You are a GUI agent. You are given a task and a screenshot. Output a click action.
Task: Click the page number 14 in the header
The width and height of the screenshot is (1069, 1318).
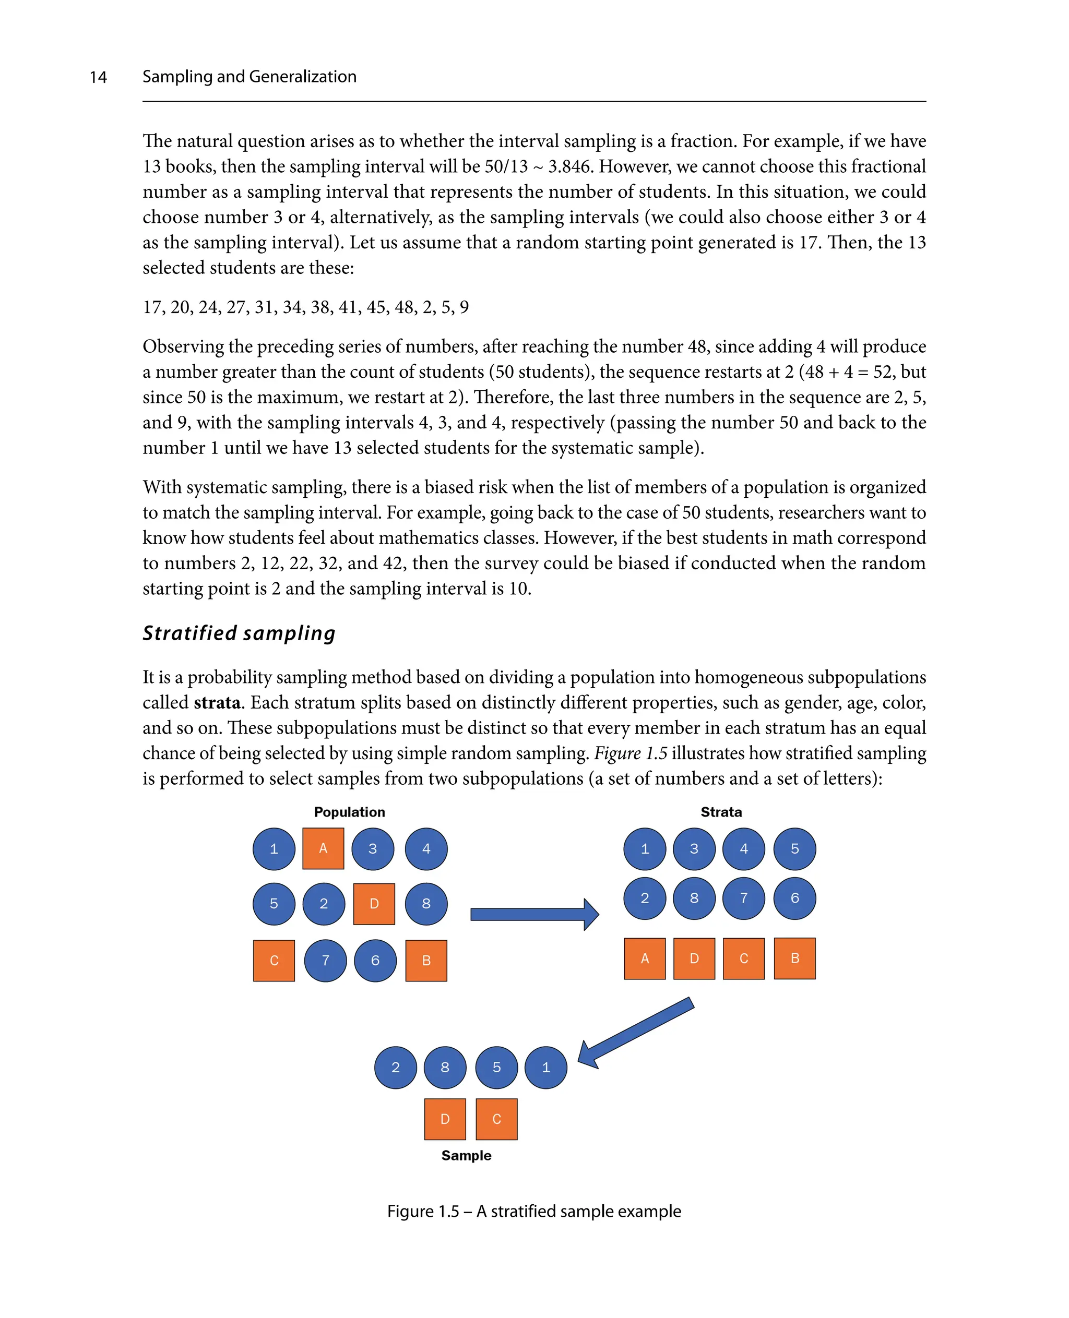[98, 77]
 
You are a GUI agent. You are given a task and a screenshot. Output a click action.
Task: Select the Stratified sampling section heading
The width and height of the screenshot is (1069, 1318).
[239, 633]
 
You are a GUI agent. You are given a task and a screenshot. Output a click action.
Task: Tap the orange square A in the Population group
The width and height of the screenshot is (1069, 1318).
[323, 848]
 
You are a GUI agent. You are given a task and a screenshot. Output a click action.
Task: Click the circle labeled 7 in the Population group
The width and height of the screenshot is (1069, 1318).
[325, 961]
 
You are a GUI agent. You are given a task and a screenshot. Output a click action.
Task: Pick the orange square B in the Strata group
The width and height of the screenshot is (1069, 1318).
[794, 958]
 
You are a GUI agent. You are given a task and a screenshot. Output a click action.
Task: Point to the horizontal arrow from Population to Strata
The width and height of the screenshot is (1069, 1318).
[533, 915]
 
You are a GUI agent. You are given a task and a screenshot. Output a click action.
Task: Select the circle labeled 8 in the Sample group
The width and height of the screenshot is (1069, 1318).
[445, 1068]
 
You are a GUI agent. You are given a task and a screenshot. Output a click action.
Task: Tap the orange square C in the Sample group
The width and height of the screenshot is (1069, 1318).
[496, 1119]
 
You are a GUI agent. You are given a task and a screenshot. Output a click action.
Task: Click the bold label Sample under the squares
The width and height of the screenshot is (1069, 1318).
[466, 1156]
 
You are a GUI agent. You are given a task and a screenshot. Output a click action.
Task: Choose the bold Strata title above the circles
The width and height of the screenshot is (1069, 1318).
[720, 812]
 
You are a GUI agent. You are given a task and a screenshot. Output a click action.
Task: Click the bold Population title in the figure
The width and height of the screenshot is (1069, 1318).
[349, 812]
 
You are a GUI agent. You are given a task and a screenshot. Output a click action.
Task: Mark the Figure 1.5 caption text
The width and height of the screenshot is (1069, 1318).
[534, 1211]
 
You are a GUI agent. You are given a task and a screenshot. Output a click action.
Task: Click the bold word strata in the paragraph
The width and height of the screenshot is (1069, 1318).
[217, 702]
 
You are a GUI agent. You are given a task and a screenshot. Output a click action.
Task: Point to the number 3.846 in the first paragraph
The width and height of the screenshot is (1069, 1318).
[569, 166]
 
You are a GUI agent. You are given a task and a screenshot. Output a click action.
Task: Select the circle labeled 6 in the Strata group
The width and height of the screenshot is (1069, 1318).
[794, 898]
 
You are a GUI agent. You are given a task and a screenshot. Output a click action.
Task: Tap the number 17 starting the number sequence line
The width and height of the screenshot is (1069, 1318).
[152, 307]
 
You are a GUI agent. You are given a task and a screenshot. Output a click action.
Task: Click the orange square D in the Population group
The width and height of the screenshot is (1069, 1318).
[374, 904]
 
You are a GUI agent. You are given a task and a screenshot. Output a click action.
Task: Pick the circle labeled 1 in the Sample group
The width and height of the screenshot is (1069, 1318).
[545, 1068]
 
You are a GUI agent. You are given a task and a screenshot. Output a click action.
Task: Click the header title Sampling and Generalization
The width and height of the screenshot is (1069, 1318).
[250, 76]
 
